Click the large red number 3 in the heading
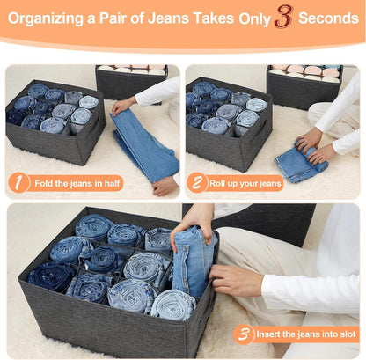click(282, 16)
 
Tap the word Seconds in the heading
click(327, 18)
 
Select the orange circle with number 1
click(18, 183)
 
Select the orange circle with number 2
click(197, 183)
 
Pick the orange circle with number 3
click(244, 334)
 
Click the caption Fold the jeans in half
click(73, 183)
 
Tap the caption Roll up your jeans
click(246, 183)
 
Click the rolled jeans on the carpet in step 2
click(299, 164)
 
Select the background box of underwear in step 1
click(131, 79)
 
